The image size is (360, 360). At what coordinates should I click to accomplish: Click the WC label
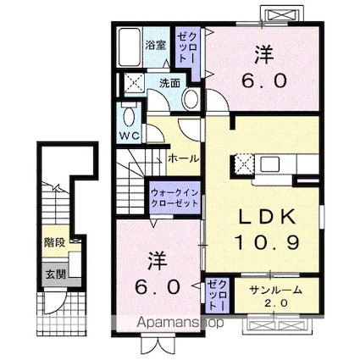coord(128,135)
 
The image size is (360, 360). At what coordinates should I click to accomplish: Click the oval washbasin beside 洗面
coord(191,97)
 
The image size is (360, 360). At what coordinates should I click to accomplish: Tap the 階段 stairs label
coord(54,242)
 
